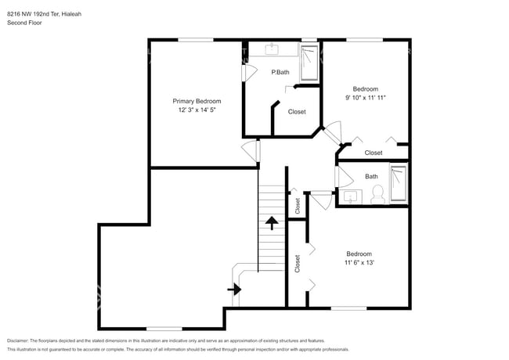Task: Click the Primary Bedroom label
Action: [x=197, y=101]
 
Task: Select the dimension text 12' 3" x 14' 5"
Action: [x=197, y=110]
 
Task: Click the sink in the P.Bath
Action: [x=273, y=50]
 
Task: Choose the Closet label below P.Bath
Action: [x=297, y=112]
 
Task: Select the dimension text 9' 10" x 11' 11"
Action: [x=366, y=98]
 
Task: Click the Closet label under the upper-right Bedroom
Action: [x=374, y=153]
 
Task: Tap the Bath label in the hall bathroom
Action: [x=371, y=176]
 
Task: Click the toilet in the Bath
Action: [x=377, y=193]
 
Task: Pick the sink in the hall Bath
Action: [x=351, y=196]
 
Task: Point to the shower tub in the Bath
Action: [x=399, y=184]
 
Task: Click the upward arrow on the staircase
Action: [x=272, y=223]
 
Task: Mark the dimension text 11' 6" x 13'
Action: [x=359, y=263]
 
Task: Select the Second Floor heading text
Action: [x=24, y=23]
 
